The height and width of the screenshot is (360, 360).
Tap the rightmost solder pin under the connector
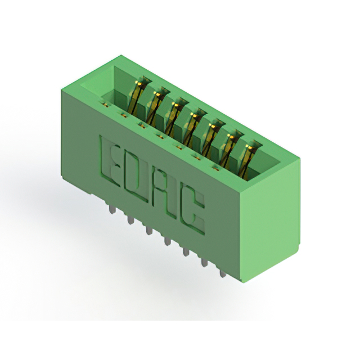[222, 273]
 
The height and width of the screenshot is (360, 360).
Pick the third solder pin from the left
[148, 231]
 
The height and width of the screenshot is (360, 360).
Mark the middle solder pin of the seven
[167, 241]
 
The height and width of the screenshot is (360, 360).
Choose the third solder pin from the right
[185, 252]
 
